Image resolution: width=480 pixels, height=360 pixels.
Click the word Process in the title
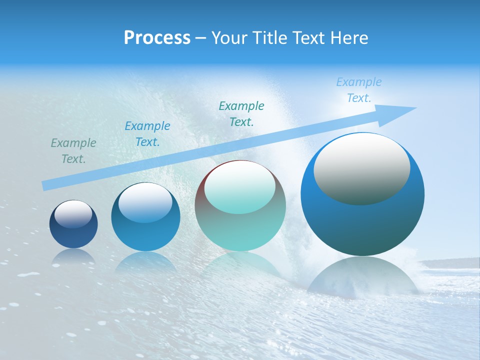(157, 38)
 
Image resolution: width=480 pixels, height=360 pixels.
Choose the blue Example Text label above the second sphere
(147, 134)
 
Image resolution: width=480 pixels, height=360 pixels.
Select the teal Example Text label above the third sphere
(241, 113)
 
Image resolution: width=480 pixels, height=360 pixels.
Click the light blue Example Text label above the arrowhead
(359, 90)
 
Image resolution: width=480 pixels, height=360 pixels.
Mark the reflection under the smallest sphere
(73, 256)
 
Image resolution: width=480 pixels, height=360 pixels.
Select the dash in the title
(200, 38)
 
